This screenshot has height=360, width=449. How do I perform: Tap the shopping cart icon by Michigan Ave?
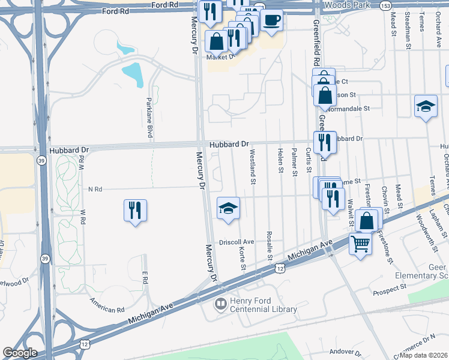[x=360, y=244]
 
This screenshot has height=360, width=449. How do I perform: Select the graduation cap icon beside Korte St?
[x=228, y=208]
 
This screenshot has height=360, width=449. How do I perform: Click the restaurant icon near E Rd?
[x=135, y=210]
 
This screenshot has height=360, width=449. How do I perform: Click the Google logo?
[x=20, y=353]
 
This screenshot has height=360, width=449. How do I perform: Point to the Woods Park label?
[x=346, y=5]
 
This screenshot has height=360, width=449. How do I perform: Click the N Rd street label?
[x=95, y=189]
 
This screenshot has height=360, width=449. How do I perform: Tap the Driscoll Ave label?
[x=237, y=242]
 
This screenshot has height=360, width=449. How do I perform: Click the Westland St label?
[x=253, y=166]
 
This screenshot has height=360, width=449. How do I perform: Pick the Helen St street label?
[x=280, y=160]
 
